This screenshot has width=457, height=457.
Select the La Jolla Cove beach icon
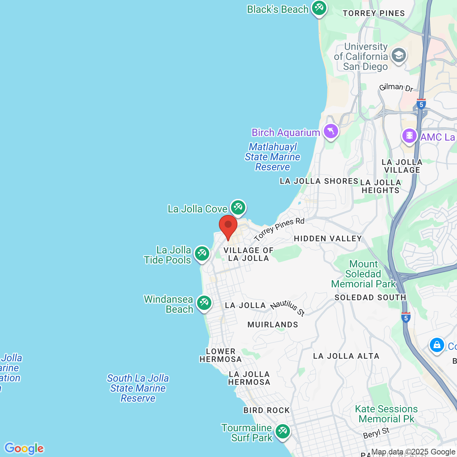coord(238,207)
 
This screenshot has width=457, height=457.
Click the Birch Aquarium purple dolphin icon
coord(331,131)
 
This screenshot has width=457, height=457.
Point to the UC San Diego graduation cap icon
coord(398,55)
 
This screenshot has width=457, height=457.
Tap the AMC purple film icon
coord(409,136)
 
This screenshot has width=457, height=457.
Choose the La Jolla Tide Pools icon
coord(202,253)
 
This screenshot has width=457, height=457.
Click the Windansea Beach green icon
coord(204,303)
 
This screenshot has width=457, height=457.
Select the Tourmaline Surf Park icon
coord(282,431)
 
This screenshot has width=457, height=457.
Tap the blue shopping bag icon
coord(437,345)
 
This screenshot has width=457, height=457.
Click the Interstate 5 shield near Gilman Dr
coord(421,104)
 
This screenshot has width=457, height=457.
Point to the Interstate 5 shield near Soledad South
coord(406,317)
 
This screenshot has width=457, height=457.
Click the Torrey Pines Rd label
coord(279,229)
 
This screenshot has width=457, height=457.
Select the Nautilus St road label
coord(288,308)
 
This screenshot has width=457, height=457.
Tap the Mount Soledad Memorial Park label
coord(363,274)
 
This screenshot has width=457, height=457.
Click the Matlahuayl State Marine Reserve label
coord(273,157)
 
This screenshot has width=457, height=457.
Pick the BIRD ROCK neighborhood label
coord(266,410)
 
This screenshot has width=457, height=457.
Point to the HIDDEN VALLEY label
coord(328,238)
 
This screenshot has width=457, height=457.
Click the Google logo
coord(24,448)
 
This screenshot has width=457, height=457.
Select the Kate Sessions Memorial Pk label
coord(386,414)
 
